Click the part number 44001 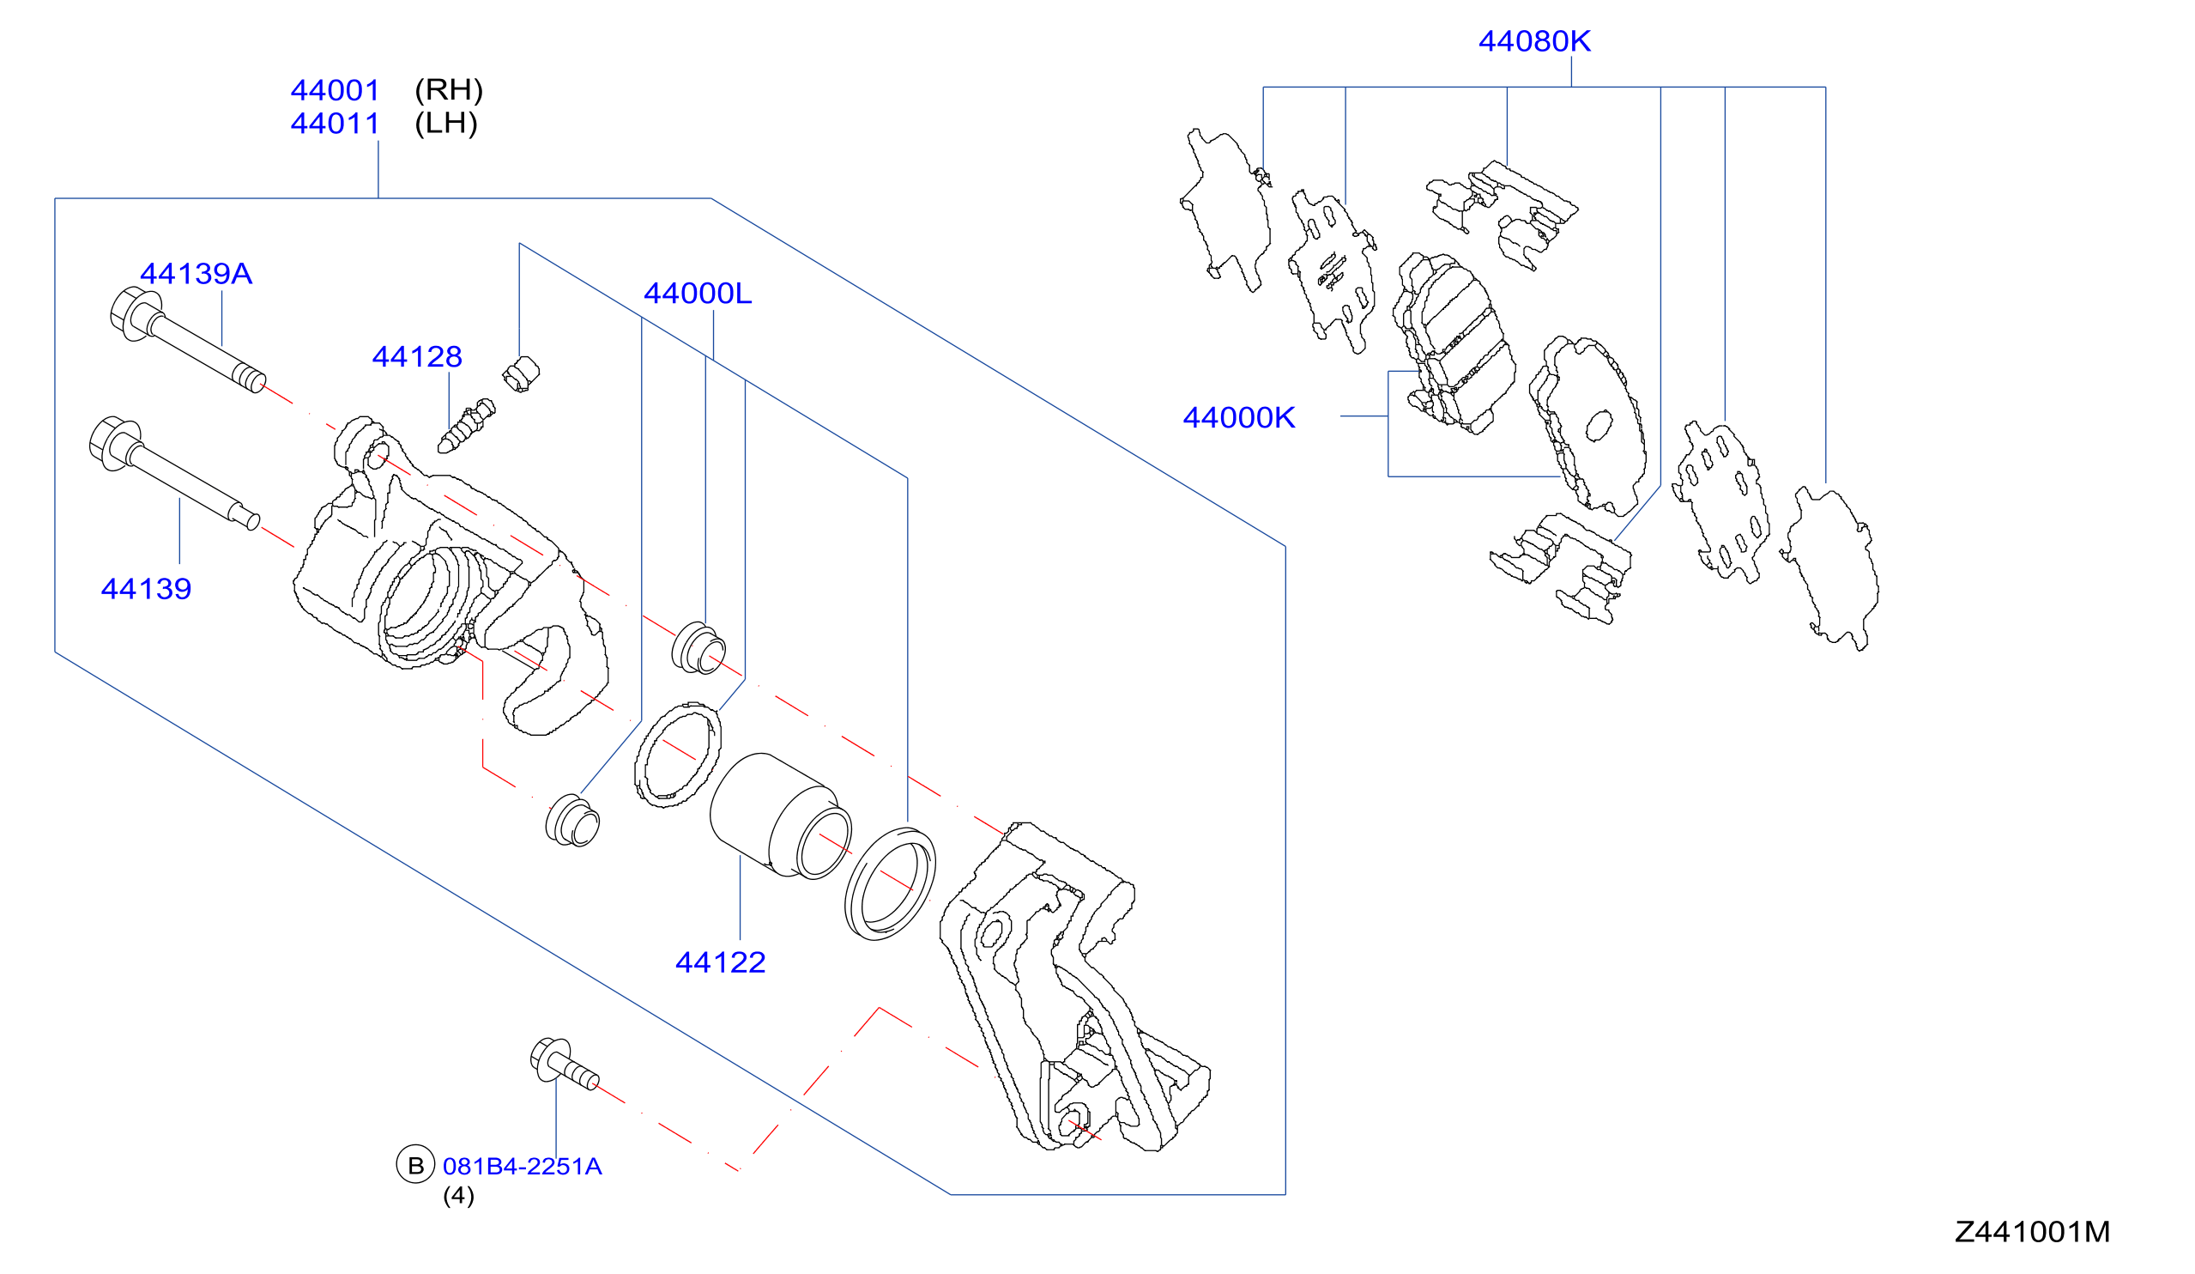point(336,91)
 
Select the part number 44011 point(336,124)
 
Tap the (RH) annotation point(449,90)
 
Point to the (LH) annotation point(446,123)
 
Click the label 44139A point(196,274)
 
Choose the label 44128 point(417,356)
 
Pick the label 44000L point(698,294)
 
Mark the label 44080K point(1535,41)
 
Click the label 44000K point(1238,417)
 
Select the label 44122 point(720,962)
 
